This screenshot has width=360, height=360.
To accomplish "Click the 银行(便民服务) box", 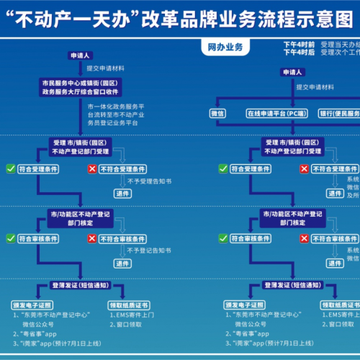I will [336, 114].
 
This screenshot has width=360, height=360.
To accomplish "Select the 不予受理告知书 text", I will [148, 181].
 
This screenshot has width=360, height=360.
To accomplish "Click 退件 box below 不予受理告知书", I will [122, 194].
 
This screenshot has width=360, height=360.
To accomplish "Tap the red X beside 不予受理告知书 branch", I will [91, 168].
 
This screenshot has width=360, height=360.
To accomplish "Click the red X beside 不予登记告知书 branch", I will [91, 238].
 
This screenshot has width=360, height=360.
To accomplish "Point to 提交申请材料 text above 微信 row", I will [318, 87].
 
